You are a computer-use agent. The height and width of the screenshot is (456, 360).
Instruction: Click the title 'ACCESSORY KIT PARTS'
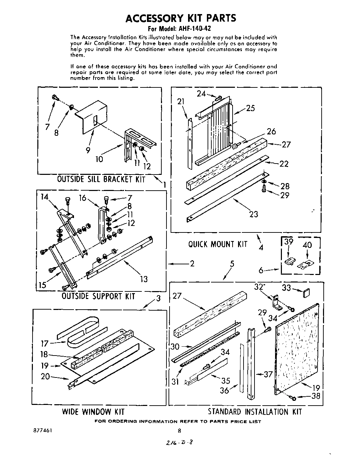point(181,18)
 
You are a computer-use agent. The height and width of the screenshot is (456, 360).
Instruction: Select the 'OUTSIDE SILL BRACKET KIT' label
point(101,179)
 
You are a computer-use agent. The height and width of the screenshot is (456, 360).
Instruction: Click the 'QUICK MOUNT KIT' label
point(218,244)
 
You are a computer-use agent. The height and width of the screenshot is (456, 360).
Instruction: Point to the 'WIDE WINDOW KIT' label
point(93,411)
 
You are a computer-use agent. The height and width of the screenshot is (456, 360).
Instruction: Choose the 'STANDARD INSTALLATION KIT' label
point(255,411)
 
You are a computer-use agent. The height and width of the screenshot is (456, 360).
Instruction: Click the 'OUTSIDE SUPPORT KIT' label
point(98,296)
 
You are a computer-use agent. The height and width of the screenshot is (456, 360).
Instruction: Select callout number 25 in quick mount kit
point(250,108)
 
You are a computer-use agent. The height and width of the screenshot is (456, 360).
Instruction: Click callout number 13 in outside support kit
point(144,279)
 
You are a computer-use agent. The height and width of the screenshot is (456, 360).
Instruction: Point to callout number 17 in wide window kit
point(45,343)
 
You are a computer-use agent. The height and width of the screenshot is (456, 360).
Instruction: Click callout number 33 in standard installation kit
point(287,288)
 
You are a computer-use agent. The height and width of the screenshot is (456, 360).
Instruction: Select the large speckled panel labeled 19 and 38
point(297,348)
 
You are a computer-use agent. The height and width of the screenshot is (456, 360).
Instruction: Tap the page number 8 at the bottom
point(179,431)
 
